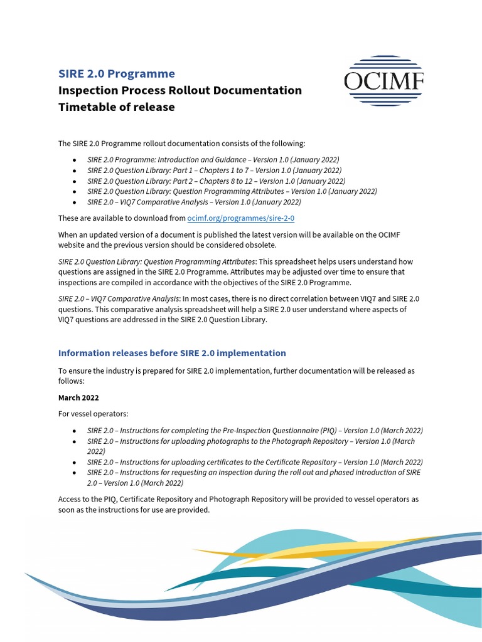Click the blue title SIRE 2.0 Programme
pyautogui.click(x=116, y=73)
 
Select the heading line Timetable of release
pyautogui.click(x=116, y=107)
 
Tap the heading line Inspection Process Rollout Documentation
pyautogui.click(x=179, y=90)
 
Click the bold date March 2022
pyautogui.click(x=78, y=397)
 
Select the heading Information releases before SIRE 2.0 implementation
pyautogui.click(x=171, y=353)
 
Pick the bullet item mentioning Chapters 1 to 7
pyautogui.click(x=214, y=171)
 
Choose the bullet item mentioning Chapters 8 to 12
pyautogui.click(x=216, y=181)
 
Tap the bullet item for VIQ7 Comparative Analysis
pyautogui.click(x=194, y=203)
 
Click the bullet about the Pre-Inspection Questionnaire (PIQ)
pyautogui.click(x=255, y=431)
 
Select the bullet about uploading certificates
pyautogui.click(x=255, y=462)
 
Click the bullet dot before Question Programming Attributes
pyautogui.click(x=75, y=192)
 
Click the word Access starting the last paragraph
pyautogui.click(x=70, y=500)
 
